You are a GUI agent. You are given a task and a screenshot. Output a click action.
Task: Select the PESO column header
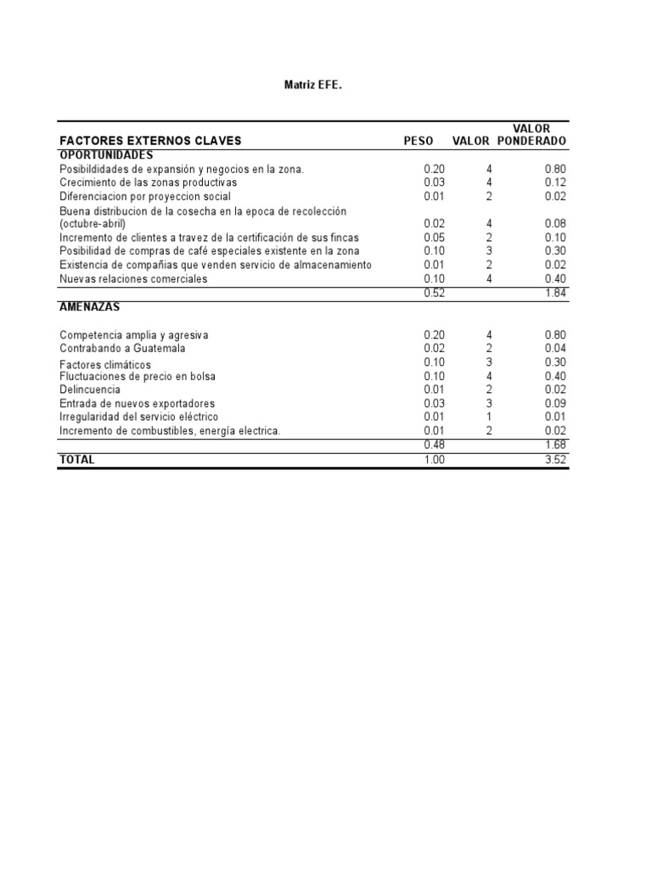coord(419,141)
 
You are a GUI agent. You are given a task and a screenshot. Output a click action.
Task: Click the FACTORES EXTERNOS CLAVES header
coord(150,141)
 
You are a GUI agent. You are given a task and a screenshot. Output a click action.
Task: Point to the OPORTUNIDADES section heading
coord(106,155)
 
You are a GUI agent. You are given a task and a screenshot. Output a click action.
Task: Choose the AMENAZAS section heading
coord(88,306)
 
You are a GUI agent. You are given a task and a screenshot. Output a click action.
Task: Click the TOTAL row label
coord(77,459)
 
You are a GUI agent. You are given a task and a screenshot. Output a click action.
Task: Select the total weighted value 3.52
coord(555,460)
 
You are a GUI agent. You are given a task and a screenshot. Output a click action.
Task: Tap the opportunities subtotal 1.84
coord(555,293)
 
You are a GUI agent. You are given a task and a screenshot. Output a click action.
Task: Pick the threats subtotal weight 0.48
coord(434,445)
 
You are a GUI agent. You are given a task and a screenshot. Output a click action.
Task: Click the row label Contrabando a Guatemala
coord(122,348)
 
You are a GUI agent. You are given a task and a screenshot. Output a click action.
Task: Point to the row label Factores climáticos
coord(105,364)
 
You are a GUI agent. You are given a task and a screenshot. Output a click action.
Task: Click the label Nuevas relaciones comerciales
coord(133,278)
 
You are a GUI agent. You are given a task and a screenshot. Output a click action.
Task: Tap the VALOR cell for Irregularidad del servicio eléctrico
coord(489,417)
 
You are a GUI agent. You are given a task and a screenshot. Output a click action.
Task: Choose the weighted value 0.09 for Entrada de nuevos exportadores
coord(555,403)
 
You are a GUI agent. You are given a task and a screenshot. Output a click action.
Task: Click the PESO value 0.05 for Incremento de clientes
coord(434,238)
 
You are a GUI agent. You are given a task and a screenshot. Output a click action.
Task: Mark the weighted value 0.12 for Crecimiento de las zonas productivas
coord(555,182)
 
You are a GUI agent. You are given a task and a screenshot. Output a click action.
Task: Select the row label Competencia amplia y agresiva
coord(134,335)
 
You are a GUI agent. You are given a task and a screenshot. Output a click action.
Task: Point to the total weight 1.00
coord(434,460)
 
